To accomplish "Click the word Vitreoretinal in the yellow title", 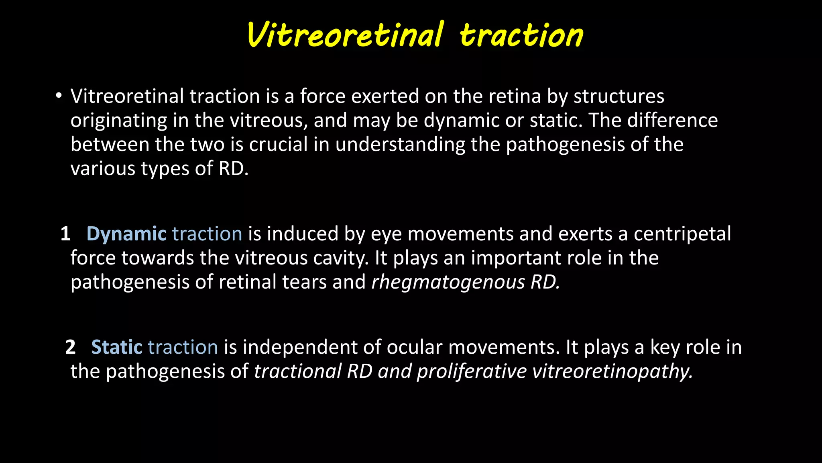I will point(345,35).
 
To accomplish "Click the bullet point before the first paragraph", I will point(59,96).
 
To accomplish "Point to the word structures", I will point(619,96).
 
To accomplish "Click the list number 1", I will point(65,234).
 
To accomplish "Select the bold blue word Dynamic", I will point(126,234).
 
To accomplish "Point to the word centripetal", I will point(682,234).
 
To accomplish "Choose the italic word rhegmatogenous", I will point(448,282).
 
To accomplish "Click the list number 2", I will point(70,347).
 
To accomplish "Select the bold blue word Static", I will point(117,347).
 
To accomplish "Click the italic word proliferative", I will point(472,371).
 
